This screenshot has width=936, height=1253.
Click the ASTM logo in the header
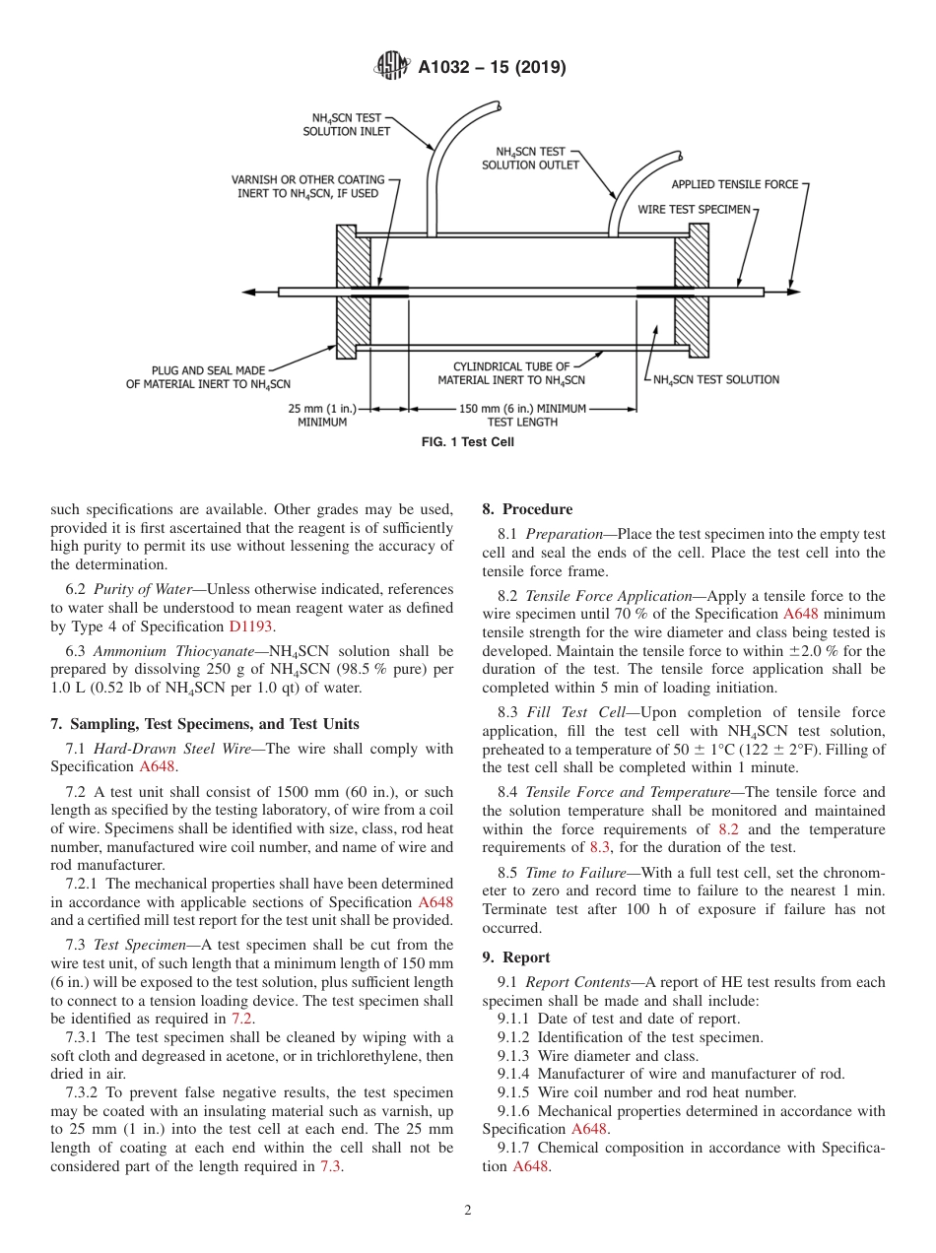pyautogui.click(x=391, y=67)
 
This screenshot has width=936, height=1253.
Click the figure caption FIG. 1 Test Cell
pyautogui.click(x=467, y=442)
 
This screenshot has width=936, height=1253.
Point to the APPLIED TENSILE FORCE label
pyautogui.click(x=734, y=184)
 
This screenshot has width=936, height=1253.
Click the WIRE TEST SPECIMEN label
pyautogui.click(x=694, y=210)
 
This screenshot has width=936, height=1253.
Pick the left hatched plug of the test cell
pyautogui.click(x=353, y=291)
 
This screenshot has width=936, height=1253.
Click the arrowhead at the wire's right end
pyautogui.click(x=794, y=292)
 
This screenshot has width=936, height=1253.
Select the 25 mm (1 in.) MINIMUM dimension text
pyautogui.click(x=322, y=415)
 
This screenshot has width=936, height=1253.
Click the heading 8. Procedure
pyautogui.click(x=526, y=509)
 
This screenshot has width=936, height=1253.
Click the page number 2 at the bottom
pyautogui.click(x=468, y=1211)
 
